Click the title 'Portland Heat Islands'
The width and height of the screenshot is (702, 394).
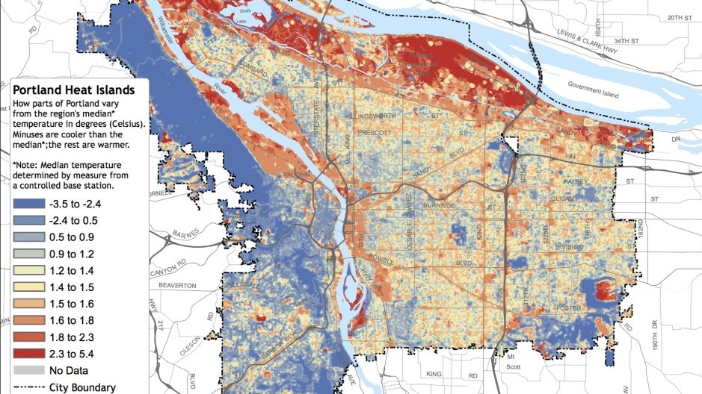click(x=73, y=90)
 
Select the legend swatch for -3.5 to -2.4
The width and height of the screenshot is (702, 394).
click(x=28, y=204)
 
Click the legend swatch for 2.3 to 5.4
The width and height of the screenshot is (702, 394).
click(x=28, y=354)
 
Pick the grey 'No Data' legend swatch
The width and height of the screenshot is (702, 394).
click(x=28, y=371)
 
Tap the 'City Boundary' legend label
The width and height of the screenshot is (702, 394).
click(x=82, y=387)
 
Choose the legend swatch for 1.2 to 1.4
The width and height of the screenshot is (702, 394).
click(x=28, y=270)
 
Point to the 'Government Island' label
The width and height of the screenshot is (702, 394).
click(x=598, y=84)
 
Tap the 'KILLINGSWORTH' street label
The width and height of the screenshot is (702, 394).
click(x=381, y=117)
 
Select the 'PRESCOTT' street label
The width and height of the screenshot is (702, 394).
click(x=375, y=133)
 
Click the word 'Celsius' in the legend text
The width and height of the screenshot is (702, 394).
click(x=126, y=124)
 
